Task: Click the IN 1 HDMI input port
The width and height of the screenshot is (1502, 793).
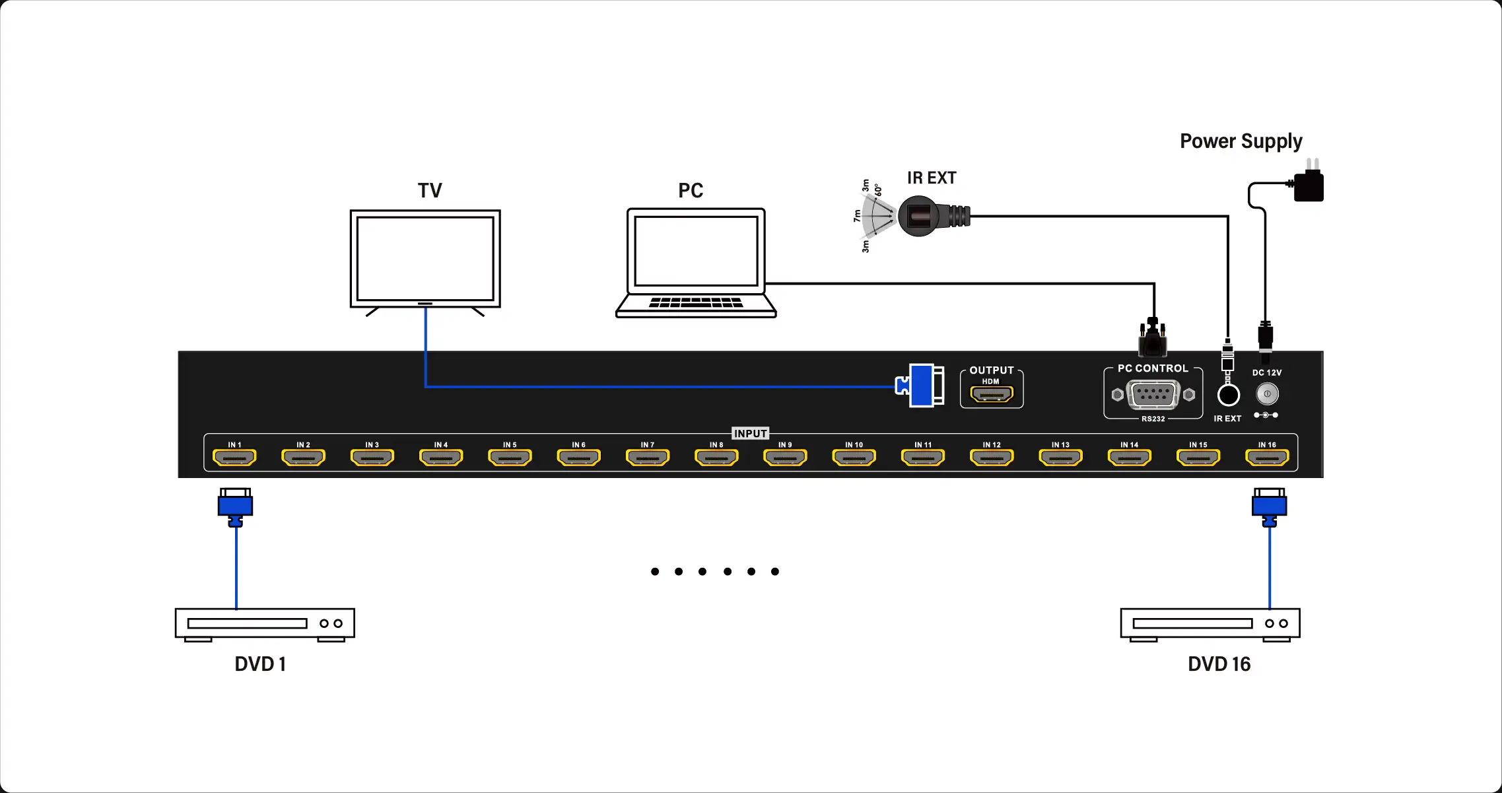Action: click(x=234, y=457)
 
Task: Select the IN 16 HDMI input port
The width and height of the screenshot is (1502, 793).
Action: click(x=1266, y=457)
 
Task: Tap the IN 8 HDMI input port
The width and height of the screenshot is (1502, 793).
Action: click(x=716, y=457)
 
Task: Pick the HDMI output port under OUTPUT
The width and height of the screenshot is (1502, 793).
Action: click(x=991, y=395)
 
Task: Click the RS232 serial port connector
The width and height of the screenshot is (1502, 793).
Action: click(x=1153, y=395)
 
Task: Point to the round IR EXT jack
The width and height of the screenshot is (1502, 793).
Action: click(x=1228, y=395)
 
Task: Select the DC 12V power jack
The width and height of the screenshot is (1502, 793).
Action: click(x=1267, y=394)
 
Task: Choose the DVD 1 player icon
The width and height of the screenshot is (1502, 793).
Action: click(x=264, y=624)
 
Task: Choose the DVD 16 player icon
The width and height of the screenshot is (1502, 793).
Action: click(x=1210, y=624)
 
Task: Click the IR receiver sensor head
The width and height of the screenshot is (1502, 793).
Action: click(x=919, y=216)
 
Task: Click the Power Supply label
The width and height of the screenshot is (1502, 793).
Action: click(x=1241, y=141)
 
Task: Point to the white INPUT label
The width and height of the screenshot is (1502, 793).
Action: click(x=750, y=434)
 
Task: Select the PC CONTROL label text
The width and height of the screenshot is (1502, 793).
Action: click(x=1152, y=368)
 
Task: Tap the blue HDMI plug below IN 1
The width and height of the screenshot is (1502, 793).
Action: click(x=236, y=506)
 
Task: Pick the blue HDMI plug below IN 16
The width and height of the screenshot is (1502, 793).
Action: click(x=1269, y=506)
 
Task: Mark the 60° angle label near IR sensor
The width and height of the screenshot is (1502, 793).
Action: click(x=878, y=191)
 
